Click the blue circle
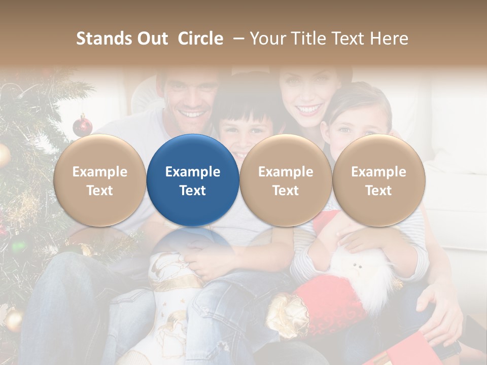pyautogui.click(x=193, y=180)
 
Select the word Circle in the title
pyautogui.click(x=200, y=39)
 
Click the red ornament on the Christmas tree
pyautogui.click(x=82, y=126)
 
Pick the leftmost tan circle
pyautogui.click(x=99, y=180)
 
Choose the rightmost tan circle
pyautogui.click(x=378, y=180)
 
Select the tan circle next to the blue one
pyautogui.click(x=286, y=180)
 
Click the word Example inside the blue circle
pyautogui.click(x=193, y=172)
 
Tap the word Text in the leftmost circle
pyautogui.click(x=99, y=191)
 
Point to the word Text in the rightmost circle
pyautogui.click(x=378, y=191)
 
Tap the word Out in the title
pyautogui.click(x=152, y=39)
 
